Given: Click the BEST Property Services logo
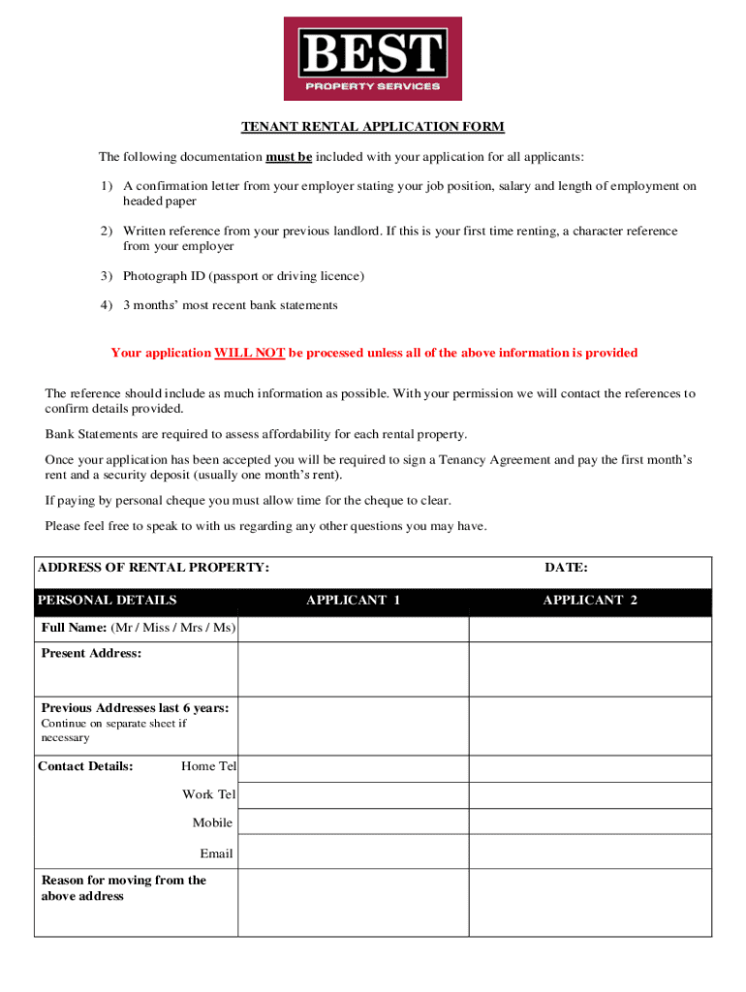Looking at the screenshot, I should coord(372,58).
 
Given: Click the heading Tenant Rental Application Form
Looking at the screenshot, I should coord(373,127).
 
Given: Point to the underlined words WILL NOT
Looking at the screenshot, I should coord(249,353).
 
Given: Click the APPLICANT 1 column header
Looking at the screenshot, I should coord(354,601).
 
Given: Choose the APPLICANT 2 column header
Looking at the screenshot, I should coord(590,601).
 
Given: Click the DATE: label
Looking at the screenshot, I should coord(566,568).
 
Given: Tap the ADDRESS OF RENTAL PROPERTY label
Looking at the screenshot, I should coord(153,568).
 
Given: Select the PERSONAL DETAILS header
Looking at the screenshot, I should coord(108,601).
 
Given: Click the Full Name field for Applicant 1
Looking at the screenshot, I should coord(354,629).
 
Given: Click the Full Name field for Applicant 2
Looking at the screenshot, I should coord(590,629).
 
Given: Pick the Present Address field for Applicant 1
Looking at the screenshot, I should coord(354,669).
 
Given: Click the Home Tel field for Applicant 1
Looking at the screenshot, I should coord(354,769).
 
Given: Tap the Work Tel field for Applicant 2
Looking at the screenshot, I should coord(590,795).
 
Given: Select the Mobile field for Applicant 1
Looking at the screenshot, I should coord(354,821).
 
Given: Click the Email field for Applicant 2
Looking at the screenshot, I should coord(590,852).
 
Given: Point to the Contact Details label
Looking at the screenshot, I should coord(85,766).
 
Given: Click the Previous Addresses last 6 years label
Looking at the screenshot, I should coord(135,708).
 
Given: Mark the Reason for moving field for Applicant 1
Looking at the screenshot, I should coord(354,902).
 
